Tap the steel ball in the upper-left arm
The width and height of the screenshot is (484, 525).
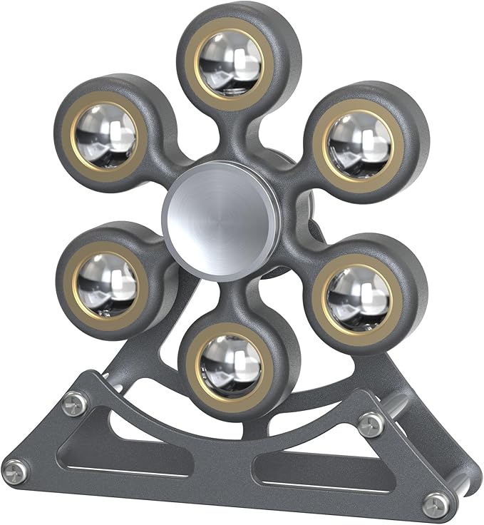(105, 133)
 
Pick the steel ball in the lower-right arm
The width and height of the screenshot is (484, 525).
(359, 293)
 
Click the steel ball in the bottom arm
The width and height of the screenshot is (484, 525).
(231, 364)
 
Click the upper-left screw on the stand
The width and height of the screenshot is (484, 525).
(76, 404)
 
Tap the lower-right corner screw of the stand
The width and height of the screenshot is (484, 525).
(436, 504)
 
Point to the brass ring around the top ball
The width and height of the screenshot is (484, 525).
(230, 32)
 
